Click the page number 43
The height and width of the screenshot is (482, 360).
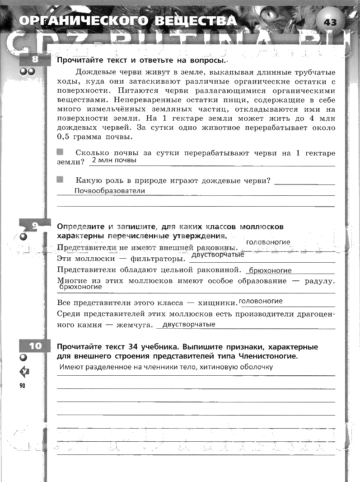(x=330, y=22)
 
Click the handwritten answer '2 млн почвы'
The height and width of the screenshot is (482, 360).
(x=113, y=161)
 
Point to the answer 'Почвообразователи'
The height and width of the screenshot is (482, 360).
(x=110, y=191)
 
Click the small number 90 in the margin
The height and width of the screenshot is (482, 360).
(x=23, y=385)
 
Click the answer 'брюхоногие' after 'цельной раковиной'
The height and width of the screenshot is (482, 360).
(x=270, y=270)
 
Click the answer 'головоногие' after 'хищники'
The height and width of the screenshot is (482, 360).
(x=261, y=301)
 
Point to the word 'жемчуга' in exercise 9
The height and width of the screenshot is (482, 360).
(x=133, y=325)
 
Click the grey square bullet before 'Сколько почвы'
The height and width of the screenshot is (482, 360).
(x=60, y=152)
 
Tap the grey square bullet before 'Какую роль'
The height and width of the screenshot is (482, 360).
(x=60, y=180)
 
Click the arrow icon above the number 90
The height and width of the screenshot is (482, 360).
(x=24, y=372)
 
